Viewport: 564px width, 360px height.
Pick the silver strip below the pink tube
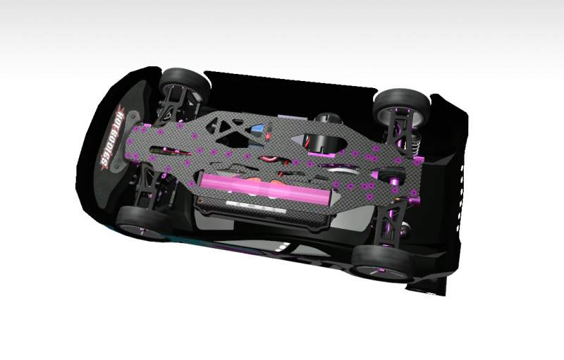[x=256, y=207]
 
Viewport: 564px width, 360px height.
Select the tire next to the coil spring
[x=402, y=105]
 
